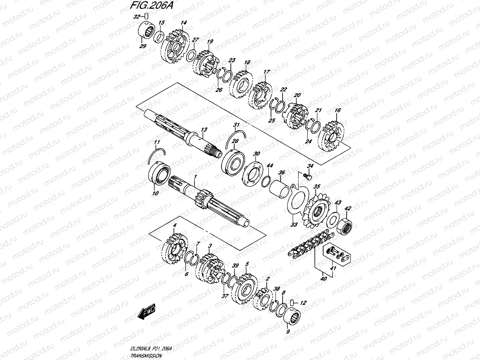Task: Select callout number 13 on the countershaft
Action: [x=204, y=130]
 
